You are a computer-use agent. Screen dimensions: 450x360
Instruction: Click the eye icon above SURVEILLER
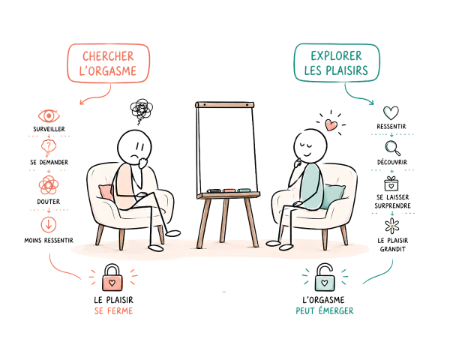(x=49, y=116)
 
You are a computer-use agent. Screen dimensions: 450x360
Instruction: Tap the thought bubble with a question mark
(x=49, y=147)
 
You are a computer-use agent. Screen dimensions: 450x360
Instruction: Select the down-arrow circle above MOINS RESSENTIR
(x=49, y=224)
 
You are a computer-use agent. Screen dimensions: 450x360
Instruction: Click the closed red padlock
(x=112, y=277)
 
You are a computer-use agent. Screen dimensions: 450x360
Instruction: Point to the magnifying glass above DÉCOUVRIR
(x=392, y=148)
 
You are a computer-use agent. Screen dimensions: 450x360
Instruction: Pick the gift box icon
(x=391, y=184)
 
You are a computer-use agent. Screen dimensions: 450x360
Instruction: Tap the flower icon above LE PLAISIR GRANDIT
(x=391, y=226)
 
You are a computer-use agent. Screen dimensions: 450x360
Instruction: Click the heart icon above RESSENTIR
(x=391, y=112)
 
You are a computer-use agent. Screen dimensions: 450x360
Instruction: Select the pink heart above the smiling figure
(x=331, y=125)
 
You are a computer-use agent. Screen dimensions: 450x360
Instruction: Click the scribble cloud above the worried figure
(x=141, y=110)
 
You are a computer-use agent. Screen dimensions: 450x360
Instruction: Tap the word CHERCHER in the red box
(x=109, y=56)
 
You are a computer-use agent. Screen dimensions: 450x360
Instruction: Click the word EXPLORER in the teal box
(x=336, y=56)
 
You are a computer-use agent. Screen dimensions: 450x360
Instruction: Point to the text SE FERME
(x=114, y=311)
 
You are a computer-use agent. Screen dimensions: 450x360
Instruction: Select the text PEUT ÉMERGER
(x=325, y=311)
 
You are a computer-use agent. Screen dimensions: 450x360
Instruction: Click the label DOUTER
(x=49, y=202)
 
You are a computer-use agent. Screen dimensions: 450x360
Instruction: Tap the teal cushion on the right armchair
(x=333, y=196)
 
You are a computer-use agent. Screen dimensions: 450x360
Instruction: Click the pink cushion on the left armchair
(x=106, y=192)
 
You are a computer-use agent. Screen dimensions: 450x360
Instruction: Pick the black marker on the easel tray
(x=214, y=190)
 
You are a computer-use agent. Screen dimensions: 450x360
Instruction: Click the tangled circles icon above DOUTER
(x=49, y=185)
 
